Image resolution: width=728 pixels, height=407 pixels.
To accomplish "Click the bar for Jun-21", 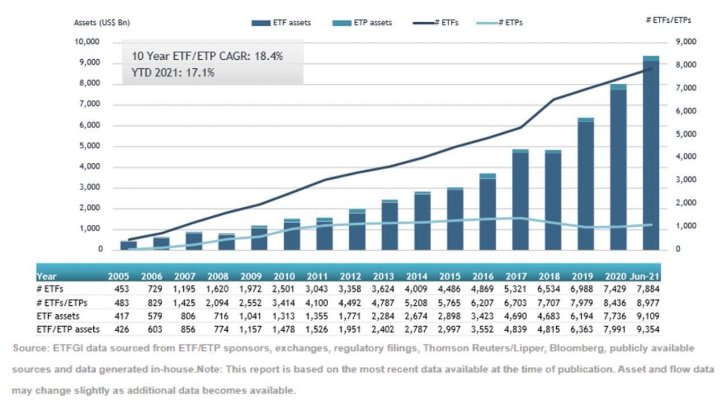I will point(651,154).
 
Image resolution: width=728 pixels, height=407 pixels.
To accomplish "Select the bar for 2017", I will point(520,200).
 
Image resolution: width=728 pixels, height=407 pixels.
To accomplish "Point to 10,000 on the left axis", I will point(87,42).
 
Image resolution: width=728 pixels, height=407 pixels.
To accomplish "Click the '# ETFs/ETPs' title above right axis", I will point(669,20).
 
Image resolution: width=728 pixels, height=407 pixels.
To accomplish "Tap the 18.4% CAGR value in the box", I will point(270,56).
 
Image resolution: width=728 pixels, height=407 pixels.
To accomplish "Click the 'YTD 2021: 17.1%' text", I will point(173,72).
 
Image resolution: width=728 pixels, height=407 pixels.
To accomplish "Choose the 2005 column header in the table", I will point(118,276).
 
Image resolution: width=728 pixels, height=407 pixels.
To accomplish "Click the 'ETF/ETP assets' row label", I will point(68,329).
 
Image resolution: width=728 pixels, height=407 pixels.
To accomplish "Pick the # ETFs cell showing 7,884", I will point(648,289).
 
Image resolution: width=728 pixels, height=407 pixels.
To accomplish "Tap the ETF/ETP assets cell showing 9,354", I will point(648,329).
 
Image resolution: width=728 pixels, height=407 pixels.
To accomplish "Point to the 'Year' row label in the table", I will point(46,276).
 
